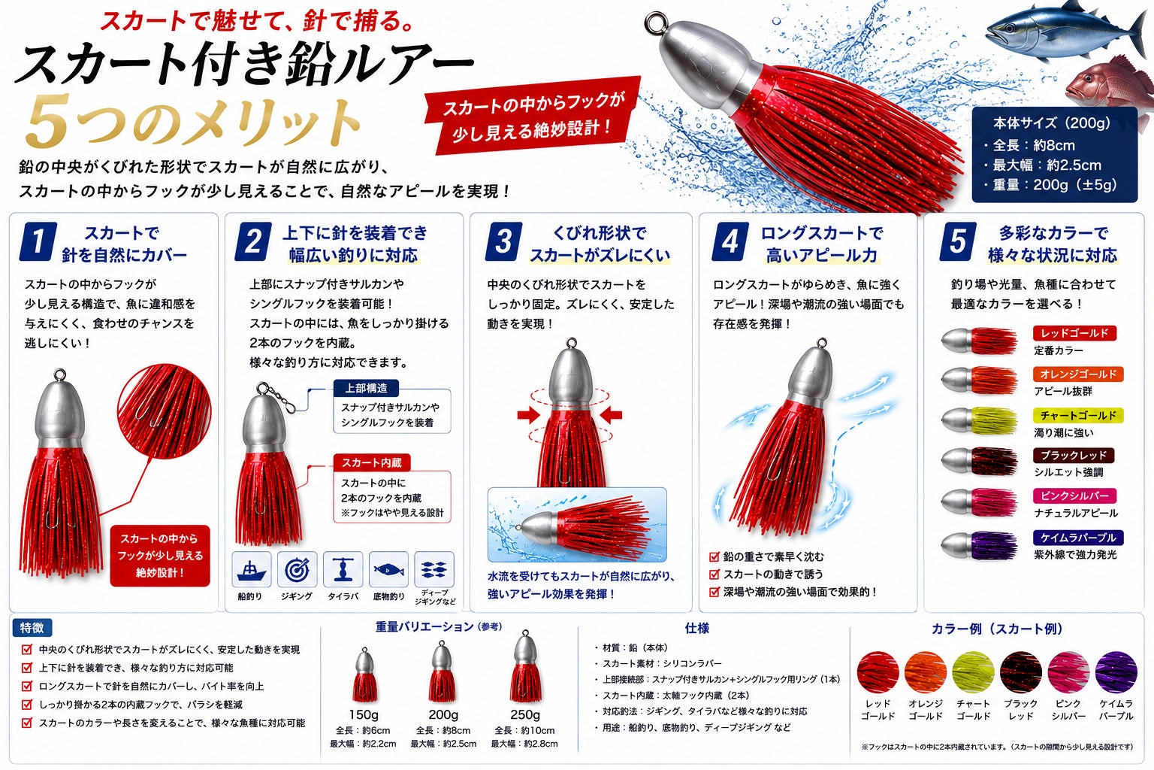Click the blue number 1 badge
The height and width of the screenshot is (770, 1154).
tap(38, 241)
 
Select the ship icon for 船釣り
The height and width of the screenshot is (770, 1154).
tap(252, 569)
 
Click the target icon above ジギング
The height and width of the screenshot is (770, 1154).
tap(298, 569)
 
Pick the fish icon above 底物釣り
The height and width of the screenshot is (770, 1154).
tap(389, 569)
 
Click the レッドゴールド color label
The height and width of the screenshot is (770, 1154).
tap(1074, 333)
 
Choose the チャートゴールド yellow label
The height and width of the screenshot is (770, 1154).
tap(1078, 415)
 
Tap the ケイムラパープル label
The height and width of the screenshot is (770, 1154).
tap(1078, 538)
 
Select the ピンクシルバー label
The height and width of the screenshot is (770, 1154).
tap(1074, 496)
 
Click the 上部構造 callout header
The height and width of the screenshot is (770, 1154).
tap(366, 388)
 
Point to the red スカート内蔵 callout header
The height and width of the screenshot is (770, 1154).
tap(371, 462)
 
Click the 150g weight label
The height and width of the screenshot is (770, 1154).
tap(363, 715)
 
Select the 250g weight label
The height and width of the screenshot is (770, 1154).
tap(524, 715)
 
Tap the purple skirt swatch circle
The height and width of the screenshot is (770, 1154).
tap(1116, 672)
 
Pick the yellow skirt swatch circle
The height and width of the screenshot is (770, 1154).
tap(973, 672)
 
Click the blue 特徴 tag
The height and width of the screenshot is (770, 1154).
tap(32, 628)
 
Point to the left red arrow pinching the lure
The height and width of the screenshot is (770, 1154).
tap(528, 414)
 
